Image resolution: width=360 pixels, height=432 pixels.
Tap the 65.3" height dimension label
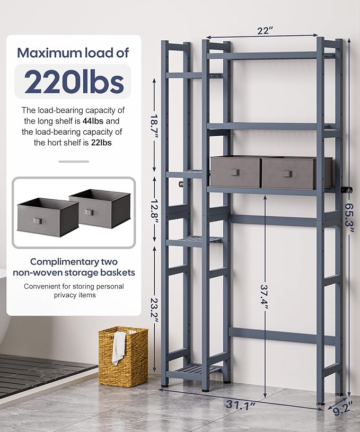(349, 218)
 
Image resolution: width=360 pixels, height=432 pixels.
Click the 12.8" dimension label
(154, 209)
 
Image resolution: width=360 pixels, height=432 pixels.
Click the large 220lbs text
(74, 82)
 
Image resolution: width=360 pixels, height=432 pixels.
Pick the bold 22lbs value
(101, 143)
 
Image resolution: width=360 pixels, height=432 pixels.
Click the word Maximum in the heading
(49, 53)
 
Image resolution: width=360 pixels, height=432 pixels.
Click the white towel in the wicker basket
(119, 348)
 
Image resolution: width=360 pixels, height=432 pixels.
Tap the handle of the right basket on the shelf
(287, 174)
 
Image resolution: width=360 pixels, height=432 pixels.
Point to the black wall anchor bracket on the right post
(347, 190)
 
